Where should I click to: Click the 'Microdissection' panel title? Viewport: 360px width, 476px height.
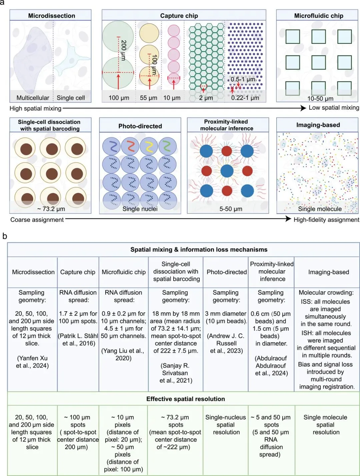(51, 16)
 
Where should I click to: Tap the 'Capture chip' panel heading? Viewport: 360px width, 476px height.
(179, 16)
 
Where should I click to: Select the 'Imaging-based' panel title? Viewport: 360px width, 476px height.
(318, 125)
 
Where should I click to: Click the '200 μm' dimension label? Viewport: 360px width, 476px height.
(123, 50)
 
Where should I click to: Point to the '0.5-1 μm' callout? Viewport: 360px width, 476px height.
(243, 79)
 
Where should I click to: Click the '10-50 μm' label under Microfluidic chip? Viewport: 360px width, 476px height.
(320, 98)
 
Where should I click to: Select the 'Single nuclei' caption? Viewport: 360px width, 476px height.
(140, 209)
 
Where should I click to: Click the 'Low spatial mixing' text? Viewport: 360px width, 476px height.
(334, 107)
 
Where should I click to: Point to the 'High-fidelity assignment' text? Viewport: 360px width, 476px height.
(326, 219)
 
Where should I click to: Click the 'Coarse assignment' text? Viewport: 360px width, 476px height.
(37, 219)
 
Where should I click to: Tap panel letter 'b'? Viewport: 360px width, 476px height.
(5, 236)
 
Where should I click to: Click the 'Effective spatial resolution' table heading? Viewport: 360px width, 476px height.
(185, 399)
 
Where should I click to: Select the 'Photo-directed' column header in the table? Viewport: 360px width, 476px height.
(227, 272)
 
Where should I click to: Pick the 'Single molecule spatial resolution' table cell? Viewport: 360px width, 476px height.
(326, 425)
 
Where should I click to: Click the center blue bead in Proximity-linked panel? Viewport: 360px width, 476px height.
(227, 171)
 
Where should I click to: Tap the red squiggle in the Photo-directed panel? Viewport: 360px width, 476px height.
(130, 146)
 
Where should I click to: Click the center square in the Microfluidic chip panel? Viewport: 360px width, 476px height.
(318, 62)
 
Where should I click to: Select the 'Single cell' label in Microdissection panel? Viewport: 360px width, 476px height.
(71, 98)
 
